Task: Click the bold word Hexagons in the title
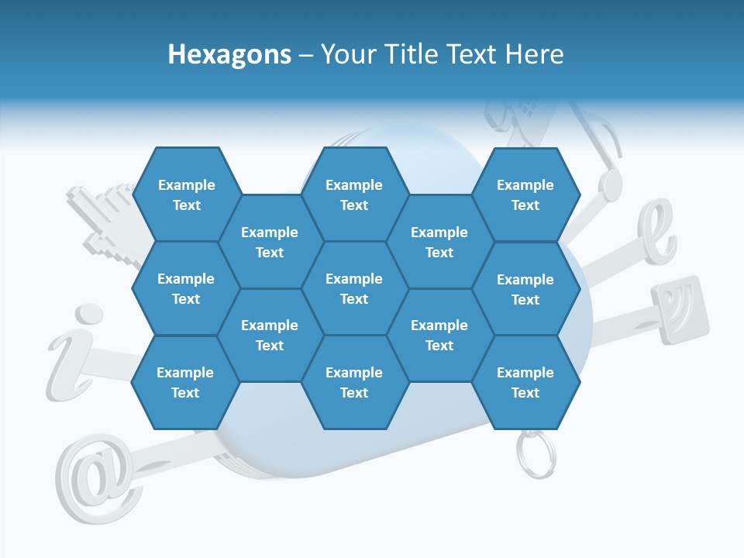click(x=229, y=54)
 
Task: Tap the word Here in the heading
click(x=534, y=54)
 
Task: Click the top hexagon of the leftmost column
click(x=186, y=195)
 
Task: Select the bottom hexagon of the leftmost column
click(x=185, y=382)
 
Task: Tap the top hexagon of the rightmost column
click(x=525, y=195)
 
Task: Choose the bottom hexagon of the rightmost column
click(x=525, y=382)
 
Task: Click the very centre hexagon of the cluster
click(x=354, y=288)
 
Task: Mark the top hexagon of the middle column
click(x=354, y=195)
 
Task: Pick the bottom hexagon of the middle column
click(x=354, y=382)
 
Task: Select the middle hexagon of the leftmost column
click(x=186, y=288)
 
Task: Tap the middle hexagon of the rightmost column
click(x=525, y=289)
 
